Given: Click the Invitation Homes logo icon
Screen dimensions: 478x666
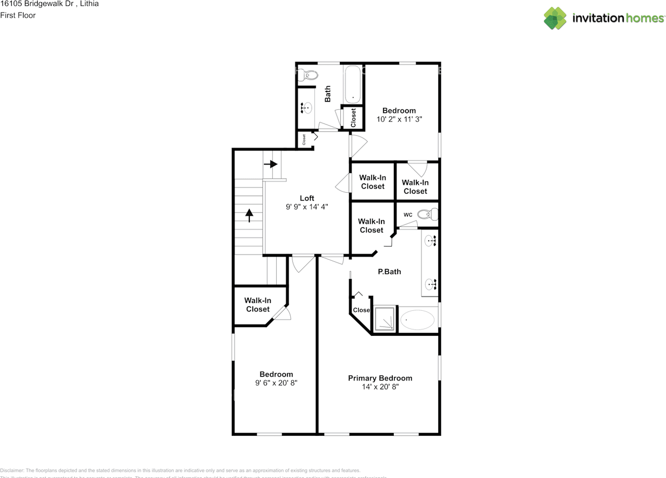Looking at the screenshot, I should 555,18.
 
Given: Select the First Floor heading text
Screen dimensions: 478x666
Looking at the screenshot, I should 18,16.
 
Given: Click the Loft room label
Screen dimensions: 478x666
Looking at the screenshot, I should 307,198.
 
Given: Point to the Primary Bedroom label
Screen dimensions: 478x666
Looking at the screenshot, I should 380,378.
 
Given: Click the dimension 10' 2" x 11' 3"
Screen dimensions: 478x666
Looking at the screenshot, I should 399,119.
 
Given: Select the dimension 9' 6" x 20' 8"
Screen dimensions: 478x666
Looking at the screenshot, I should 276,383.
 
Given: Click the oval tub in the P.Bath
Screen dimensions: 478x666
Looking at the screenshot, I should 418,320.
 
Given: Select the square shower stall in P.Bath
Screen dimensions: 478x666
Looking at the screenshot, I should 385,319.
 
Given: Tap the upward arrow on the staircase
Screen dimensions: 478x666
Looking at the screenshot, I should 249,215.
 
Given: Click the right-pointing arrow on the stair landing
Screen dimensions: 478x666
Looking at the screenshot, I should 271,164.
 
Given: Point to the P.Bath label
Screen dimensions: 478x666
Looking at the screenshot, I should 389,271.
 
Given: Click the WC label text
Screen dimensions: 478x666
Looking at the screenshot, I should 408,215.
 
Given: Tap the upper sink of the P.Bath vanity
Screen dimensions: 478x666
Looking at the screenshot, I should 430,241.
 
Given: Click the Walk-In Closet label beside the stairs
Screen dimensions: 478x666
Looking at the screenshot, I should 258,305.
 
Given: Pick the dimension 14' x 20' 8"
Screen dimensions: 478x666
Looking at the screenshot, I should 380,387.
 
